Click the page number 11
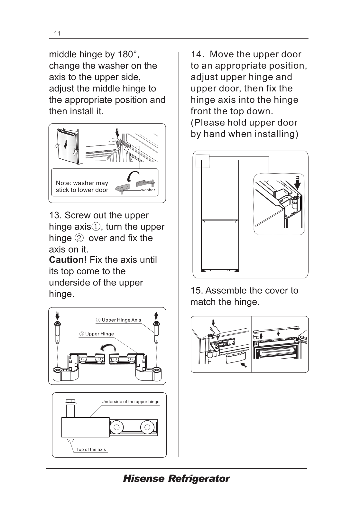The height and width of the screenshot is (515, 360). coord(57,33)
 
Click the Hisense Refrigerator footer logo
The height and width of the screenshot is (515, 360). coord(176,479)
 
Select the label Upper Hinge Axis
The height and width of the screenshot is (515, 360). coord(121,320)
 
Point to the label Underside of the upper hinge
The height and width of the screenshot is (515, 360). coord(130,402)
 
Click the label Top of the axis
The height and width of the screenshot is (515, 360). coord(91,449)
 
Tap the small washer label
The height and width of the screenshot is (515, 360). coord(148,190)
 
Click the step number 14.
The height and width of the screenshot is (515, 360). coord(197,54)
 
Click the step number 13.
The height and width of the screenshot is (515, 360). coord(55,215)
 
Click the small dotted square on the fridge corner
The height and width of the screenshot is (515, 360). coord(203,161)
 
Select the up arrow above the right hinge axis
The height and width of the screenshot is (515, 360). coord(156,314)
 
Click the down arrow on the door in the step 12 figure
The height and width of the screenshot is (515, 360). coord(66,145)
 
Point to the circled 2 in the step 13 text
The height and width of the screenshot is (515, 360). coord(79,238)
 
